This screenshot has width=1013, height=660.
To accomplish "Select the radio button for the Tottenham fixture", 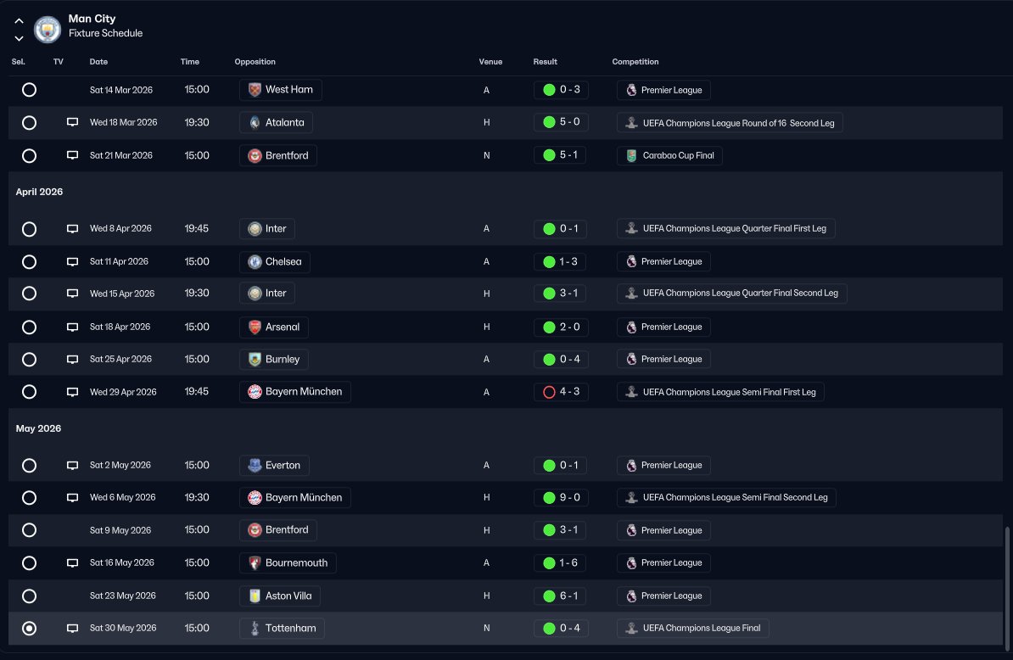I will coord(29,629).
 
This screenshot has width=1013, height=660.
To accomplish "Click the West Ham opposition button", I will coord(280,90).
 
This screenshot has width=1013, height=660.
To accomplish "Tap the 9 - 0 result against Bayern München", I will coord(560,498).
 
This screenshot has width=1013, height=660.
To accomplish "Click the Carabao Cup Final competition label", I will coord(669,156).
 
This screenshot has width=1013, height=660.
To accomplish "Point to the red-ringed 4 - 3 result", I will coord(560,393).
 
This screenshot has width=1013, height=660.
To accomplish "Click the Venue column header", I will coord(490,62).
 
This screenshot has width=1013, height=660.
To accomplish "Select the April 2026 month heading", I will coord(39,193).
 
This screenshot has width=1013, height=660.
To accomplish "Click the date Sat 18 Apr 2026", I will coord(120,327).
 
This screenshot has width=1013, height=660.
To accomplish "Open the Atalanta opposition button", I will coord(276,123).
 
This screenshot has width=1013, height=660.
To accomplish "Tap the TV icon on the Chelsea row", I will coord(72,262).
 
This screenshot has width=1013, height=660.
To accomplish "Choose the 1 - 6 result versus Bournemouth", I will coord(560,563).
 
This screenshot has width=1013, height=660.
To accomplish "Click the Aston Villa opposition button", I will coord(280,596).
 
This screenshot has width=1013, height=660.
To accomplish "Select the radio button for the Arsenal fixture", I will coord(29,327).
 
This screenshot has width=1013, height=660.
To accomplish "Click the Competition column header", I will coord(635,62).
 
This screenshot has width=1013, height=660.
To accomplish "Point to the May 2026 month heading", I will coord(38,429).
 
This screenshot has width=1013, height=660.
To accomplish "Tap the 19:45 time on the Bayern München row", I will coord(197,392).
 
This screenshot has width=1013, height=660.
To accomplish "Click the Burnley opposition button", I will coord(274,360).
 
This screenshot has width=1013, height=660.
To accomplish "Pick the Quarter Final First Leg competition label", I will coord(725,229).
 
